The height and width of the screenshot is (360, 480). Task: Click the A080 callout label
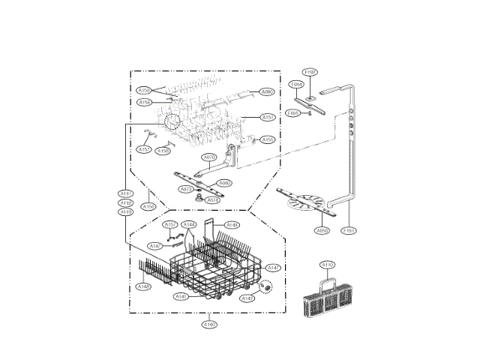pyautogui.click(x=267, y=91)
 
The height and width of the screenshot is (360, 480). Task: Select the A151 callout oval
pyautogui.click(x=268, y=117)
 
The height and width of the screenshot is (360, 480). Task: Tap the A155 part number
pyautogui.click(x=268, y=139)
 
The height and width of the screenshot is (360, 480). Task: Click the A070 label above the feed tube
pyautogui.click(x=210, y=157)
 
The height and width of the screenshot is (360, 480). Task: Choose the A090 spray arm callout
pyautogui.click(x=224, y=183)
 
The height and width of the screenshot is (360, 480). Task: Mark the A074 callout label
pyautogui.click(x=213, y=200)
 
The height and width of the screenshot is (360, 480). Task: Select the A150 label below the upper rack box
pyautogui.click(x=149, y=206)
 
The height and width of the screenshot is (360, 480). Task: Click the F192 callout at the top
pyautogui.click(x=310, y=72)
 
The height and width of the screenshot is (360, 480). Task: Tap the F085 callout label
pyautogui.click(x=294, y=113)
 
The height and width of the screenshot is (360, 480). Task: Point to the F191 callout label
pyautogui.click(x=349, y=231)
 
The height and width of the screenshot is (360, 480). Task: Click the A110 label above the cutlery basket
pyautogui.click(x=328, y=265)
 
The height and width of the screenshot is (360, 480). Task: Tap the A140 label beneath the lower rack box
pyautogui.click(x=209, y=324)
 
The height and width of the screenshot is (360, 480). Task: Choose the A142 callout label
pyautogui.click(x=155, y=246)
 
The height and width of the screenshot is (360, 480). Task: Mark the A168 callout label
pyautogui.click(x=143, y=286)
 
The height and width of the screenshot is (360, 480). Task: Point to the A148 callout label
pyautogui.click(x=233, y=225)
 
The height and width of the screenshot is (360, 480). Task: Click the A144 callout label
pyautogui.click(x=190, y=225)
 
